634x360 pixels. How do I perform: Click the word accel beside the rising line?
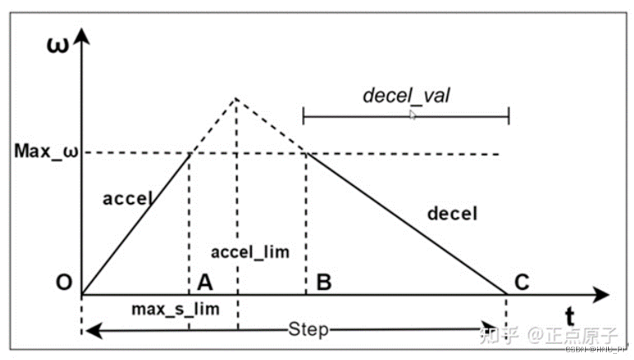point(128,198)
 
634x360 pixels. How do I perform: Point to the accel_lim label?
point(249,251)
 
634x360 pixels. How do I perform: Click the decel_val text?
point(406,95)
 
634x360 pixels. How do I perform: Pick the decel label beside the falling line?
point(452,213)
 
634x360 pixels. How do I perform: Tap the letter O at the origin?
point(65,283)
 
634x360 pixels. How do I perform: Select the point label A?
point(205,282)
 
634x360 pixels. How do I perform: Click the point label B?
point(324,282)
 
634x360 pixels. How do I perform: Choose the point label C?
point(522,282)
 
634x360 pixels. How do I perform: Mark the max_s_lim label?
point(175,308)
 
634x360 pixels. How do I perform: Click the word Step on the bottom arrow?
point(308,329)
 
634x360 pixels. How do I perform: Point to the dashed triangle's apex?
point(236,99)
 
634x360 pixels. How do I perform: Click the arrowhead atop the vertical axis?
point(82,34)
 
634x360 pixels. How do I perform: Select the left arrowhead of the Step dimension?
point(89,329)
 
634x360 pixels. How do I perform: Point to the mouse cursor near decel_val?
point(413,113)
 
